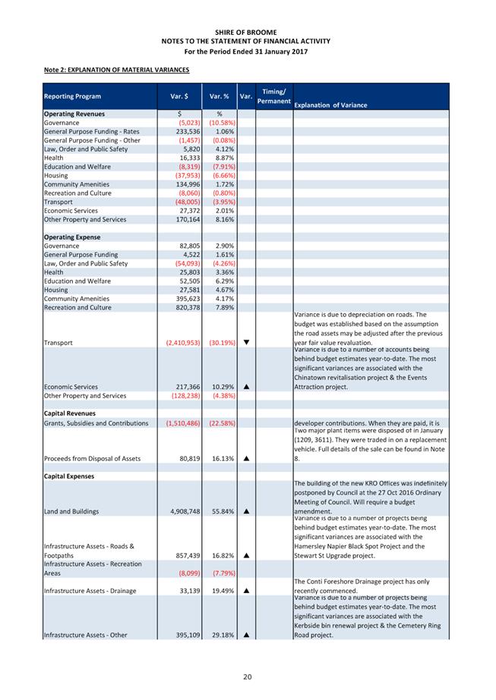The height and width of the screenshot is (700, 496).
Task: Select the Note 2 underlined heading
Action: pos(116,70)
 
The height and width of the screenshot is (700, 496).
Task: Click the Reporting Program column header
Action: pos(73,96)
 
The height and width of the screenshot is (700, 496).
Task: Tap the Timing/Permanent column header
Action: pos(273,96)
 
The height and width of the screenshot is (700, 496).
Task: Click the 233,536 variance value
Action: pos(183,131)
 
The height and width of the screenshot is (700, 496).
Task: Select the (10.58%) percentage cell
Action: pos(221,122)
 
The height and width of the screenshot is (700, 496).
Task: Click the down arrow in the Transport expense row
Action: pos(247,343)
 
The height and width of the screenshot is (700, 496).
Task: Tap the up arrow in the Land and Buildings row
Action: pos(247,511)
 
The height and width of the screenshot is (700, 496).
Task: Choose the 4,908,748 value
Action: pos(182,511)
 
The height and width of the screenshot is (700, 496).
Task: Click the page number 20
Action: pos(248,676)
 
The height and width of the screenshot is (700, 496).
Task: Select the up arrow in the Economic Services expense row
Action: pos(247,387)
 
